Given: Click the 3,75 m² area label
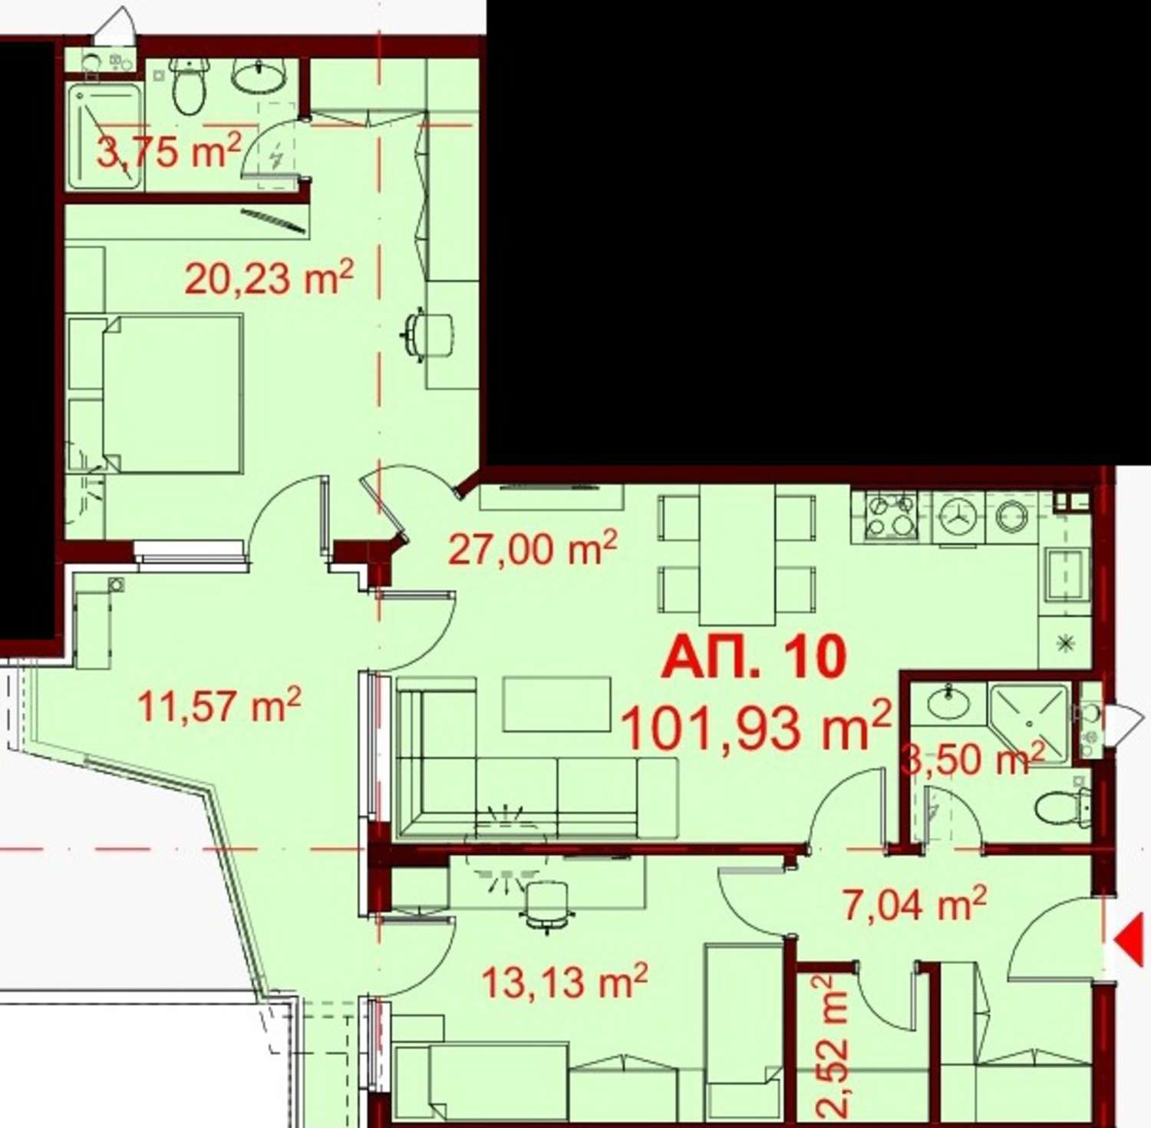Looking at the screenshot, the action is [169, 150].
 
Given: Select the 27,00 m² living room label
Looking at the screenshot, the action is [533, 548].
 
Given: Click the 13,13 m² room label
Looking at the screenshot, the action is [565, 981].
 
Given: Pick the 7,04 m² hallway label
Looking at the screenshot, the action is [915, 903].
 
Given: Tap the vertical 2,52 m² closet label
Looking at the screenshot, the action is [832, 1046].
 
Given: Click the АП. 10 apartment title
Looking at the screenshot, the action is [754, 657].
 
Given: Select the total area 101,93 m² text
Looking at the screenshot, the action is [756, 726].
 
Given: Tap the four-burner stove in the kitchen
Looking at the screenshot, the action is [892, 516].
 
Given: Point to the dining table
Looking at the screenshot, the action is [737, 554].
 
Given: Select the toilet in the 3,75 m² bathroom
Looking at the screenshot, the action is [189, 86].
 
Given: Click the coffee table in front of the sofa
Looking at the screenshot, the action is [557, 704].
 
